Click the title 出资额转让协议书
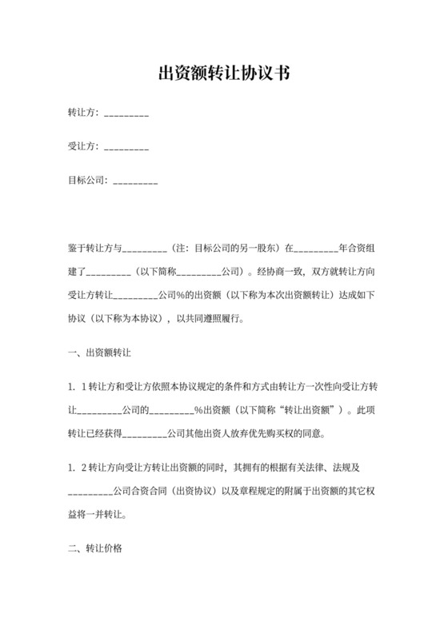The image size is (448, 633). coord(223,74)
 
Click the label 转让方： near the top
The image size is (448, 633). coord(84,114)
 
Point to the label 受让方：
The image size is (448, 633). coord(84,146)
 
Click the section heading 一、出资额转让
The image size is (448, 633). coord(100,351)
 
